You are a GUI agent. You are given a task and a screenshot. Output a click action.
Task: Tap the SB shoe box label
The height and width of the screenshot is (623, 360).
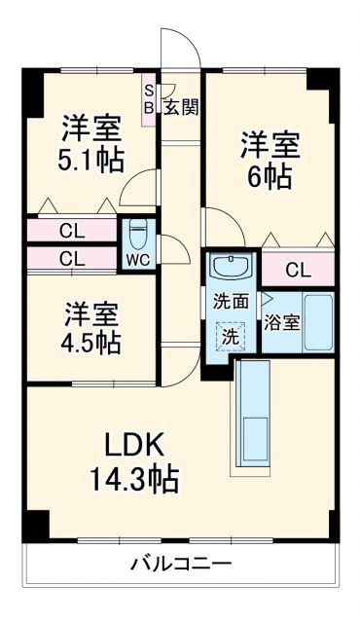[149, 99]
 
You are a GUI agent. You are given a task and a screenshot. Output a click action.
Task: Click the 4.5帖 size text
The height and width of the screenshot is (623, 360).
[92, 343]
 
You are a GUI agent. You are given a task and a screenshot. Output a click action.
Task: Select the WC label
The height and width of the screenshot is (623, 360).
[137, 260]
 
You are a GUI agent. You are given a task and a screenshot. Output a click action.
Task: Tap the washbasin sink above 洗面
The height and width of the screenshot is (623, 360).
[231, 267]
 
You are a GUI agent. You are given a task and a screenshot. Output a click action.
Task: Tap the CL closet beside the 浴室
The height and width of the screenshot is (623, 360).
[298, 270]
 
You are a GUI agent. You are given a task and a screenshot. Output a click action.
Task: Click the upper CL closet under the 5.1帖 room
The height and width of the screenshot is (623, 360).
[69, 232]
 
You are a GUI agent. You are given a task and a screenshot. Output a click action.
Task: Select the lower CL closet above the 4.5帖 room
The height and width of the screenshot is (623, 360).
[69, 259]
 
